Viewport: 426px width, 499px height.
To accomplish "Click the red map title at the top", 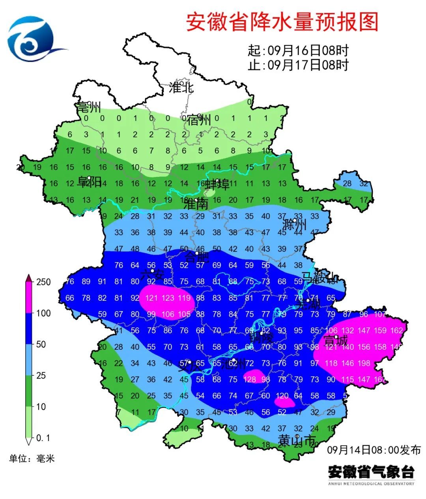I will point(282,22).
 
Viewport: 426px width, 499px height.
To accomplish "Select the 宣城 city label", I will point(335,340).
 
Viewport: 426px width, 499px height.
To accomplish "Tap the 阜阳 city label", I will point(89,182).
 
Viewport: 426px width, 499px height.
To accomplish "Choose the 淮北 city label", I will point(181,87).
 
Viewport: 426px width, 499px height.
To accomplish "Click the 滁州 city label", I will point(295,225).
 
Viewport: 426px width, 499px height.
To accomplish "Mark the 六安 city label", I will point(152,274).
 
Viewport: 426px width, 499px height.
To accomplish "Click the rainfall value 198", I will point(364,363).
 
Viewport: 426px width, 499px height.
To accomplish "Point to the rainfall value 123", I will point(168,298).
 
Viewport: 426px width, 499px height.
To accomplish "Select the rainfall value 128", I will point(250,379).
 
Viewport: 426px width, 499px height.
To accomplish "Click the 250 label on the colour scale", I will point(43,282).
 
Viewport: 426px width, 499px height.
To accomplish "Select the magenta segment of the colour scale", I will point(29,298).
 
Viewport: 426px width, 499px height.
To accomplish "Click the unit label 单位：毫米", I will point(32,458).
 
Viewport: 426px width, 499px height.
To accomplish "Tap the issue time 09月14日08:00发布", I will point(374,450).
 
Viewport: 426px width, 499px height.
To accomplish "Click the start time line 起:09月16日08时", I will point(298,51).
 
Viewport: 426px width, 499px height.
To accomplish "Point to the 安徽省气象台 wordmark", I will point(371,472).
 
